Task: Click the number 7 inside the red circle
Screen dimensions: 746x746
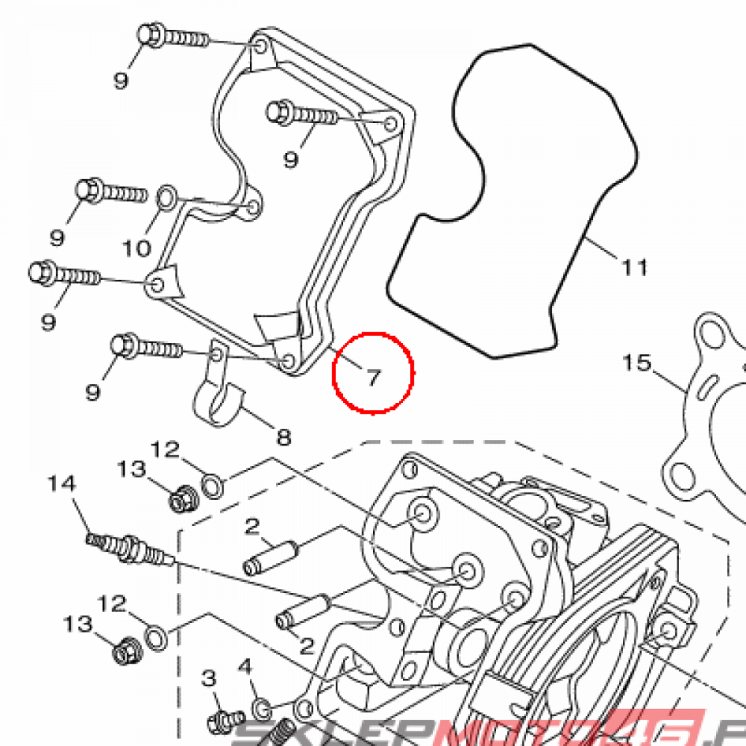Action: tap(373, 377)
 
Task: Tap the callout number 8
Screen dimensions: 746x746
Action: tap(283, 437)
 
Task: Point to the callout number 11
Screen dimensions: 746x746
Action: tap(635, 268)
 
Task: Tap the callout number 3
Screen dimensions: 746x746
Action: tap(209, 679)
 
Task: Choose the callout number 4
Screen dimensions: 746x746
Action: tap(245, 667)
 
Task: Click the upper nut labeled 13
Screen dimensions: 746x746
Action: tap(181, 500)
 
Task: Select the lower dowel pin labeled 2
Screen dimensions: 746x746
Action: tap(301, 611)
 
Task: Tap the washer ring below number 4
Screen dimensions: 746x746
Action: tap(263, 706)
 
